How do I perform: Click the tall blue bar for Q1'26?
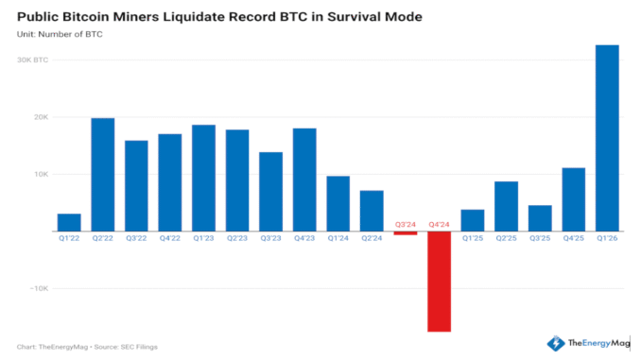pyautogui.click(x=607, y=138)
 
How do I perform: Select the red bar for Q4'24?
pyautogui.click(x=439, y=282)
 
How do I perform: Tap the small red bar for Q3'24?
pyautogui.click(x=406, y=232)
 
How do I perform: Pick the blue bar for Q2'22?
pyautogui.click(x=102, y=175)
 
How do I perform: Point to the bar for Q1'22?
pyautogui.click(x=69, y=222)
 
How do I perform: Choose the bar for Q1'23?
pyautogui.click(x=203, y=178)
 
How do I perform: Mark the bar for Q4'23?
pyautogui.click(x=304, y=180)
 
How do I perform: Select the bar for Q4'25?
pyautogui.click(x=573, y=199)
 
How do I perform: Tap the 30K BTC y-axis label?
pyautogui.click(x=33, y=60)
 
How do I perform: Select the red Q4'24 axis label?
pyautogui.click(x=439, y=225)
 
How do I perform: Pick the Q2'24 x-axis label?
pyautogui.click(x=372, y=239)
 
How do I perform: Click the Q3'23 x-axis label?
pyautogui.click(x=270, y=239)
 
